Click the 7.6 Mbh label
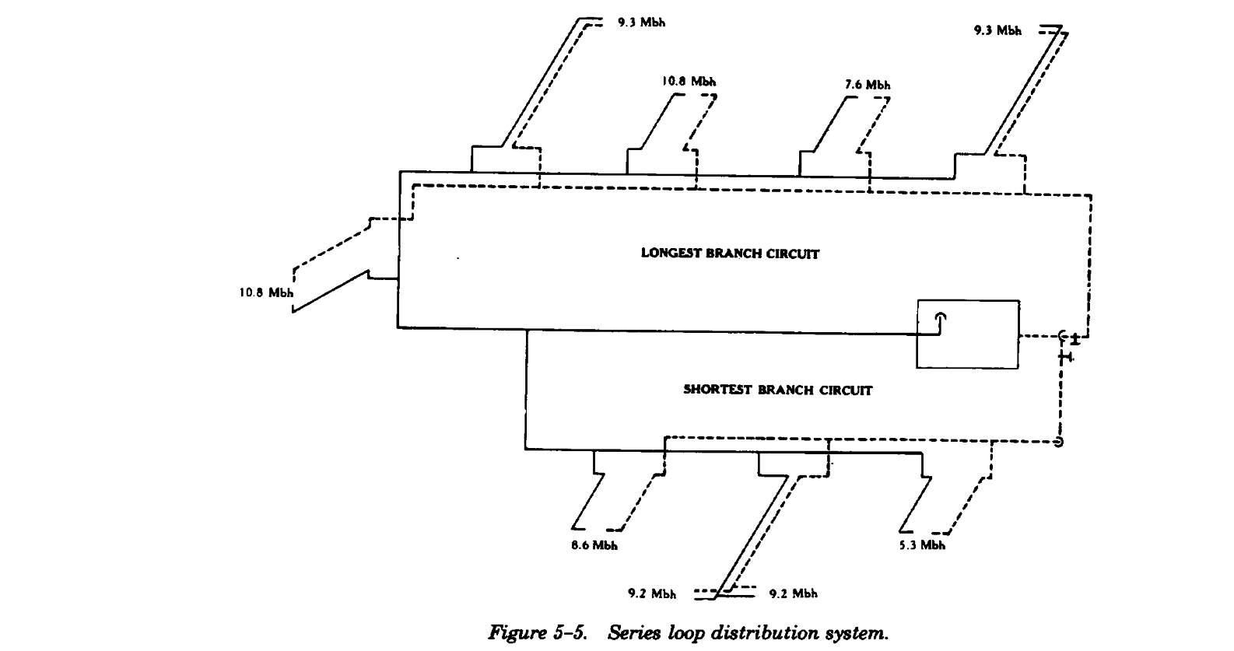[868, 85]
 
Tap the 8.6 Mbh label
[594, 545]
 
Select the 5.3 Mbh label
[922, 545]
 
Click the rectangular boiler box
[967, 334]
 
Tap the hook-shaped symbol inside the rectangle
[940, 322]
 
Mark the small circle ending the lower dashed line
[1058, 443]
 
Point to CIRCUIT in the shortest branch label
[846, 390]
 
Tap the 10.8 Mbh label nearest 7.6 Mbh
[689, 81]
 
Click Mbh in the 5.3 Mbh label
[932, 545]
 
